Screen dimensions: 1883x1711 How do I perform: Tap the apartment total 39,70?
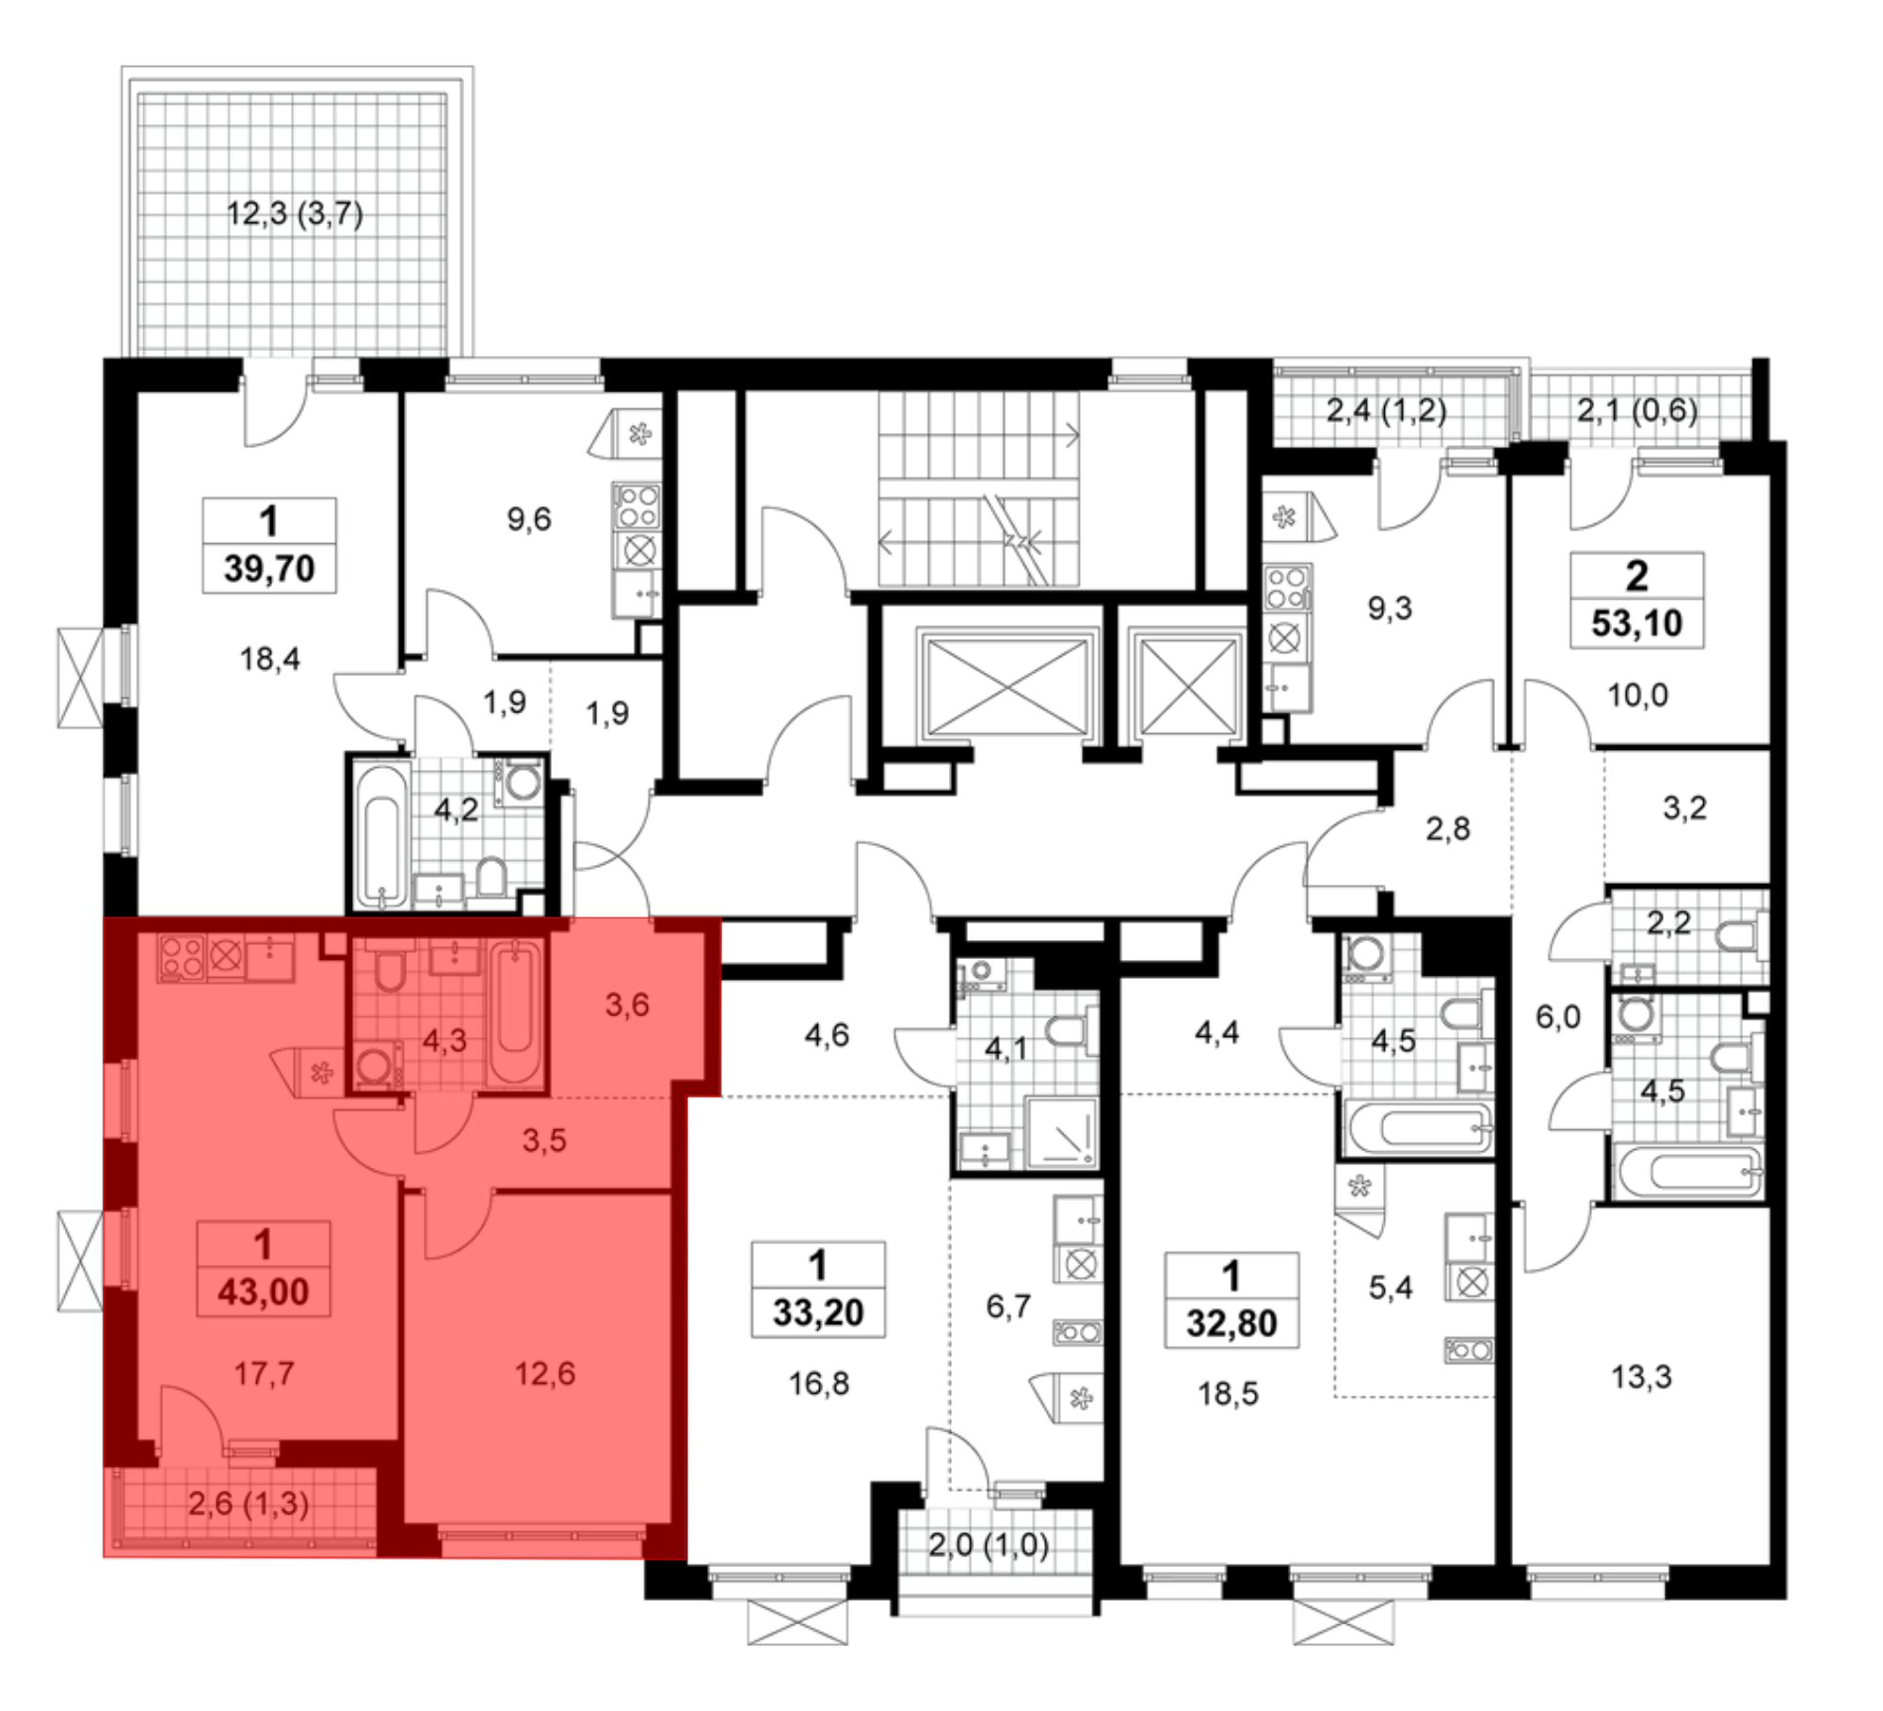(x=269, y=568)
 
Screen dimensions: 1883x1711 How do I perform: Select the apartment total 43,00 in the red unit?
(x=264, y=1292)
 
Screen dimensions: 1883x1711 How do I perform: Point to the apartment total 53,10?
(x=1637, y=623)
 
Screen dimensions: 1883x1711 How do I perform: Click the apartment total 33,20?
(x=818, y=1313)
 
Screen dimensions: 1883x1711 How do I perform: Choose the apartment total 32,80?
(x=1231, y=1323)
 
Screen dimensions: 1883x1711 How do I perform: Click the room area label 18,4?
(x=269, y=659)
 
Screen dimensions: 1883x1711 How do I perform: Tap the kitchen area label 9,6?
(x=529, y=519)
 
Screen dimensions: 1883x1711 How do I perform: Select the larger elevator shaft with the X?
(x=1006, y=684)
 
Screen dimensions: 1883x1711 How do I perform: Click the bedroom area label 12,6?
(x=545, y=1374)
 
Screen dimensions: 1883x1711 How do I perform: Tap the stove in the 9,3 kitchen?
(x=1287, y=586)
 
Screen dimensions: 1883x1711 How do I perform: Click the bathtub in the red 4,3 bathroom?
(x=515, y=1012)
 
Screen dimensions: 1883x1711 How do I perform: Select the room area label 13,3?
(x=1641, y=1377)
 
